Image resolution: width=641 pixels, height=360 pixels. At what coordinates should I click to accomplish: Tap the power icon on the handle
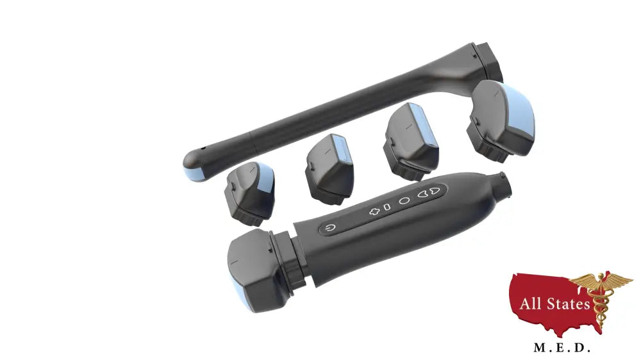pos(330,227)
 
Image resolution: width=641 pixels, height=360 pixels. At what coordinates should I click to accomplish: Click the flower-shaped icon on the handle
pos(374,211)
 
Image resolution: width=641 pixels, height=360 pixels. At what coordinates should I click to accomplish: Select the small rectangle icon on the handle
pos(387,207)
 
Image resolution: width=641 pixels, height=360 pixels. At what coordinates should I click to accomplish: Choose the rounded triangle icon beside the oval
pos(423,194)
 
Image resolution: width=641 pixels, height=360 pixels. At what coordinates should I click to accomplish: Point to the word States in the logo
pos(568,304)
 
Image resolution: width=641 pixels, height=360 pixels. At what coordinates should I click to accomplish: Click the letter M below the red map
pos(539,348)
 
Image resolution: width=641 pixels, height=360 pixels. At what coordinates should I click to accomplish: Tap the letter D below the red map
pos(582,348)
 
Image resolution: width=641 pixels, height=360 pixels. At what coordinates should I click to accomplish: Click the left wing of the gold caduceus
pos(583,282)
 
